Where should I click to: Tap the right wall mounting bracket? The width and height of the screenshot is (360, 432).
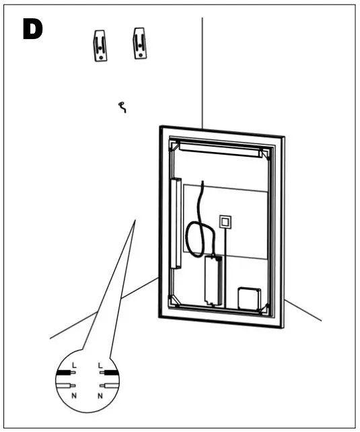click(x=139, y=42)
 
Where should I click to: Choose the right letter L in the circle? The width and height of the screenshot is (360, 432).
click(x=100, y=363)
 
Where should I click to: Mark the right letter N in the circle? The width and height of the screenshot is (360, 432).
click(x=100, y=395)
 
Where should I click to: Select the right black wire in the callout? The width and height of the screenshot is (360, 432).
click(x=109, y=371)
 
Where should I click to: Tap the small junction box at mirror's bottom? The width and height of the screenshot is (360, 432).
click(x=250, y=299)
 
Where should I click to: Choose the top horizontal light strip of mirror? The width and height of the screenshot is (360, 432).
click(x=219, y=149)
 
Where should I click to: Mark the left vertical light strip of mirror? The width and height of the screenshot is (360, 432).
click(x=178, y=223)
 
